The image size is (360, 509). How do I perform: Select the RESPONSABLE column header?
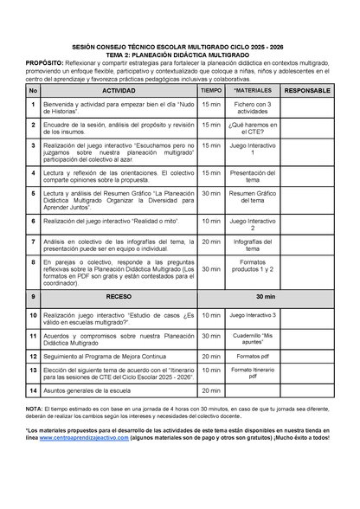(306, 90)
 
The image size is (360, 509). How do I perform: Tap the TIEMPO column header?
(211, 90)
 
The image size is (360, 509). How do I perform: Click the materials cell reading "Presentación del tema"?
(253, 175)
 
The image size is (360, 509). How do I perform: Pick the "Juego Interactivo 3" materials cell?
(253, 316)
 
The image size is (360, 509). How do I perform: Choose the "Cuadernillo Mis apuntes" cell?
(253, 336)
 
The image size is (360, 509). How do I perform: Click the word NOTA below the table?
(35, 408)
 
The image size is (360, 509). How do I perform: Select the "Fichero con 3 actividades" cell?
(253, 107)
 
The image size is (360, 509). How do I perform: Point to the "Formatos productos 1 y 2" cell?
(253, 269)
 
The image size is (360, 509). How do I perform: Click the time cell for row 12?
(211, 355)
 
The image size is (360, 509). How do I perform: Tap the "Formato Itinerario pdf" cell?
(253, 372)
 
